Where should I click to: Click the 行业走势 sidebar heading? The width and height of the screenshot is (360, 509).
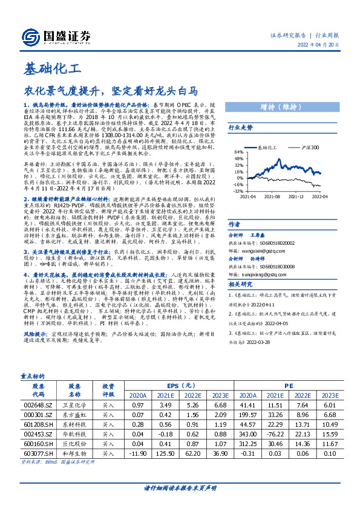[x=240, y=128]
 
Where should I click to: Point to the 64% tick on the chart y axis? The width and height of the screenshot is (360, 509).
[x=240, y=152]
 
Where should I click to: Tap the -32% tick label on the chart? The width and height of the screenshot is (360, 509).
[x=239, y=190]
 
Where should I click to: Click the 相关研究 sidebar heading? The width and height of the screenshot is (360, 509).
[x=240, y=284]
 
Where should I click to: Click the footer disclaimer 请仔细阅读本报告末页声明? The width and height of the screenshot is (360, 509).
[x=180, y=487]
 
